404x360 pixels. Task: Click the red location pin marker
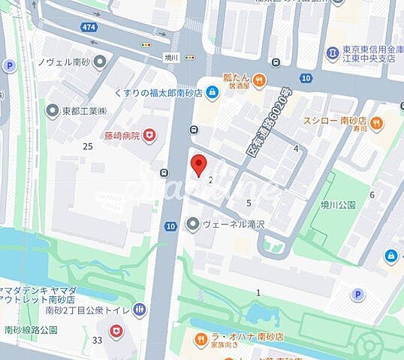pos(197,164)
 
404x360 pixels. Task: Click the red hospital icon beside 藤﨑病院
pos(150,134)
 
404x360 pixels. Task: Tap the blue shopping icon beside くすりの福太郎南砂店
pos(212,92)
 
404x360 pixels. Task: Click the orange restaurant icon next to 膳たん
pos(259,78)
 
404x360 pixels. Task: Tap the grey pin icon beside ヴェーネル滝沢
pos(193,223)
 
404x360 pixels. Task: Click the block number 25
pos(88,145)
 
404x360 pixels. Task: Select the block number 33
pos(98,340)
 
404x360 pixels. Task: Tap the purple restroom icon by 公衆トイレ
pos(139,309)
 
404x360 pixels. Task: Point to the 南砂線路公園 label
pos(29,329)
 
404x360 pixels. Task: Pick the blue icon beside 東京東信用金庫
pos(332,52)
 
